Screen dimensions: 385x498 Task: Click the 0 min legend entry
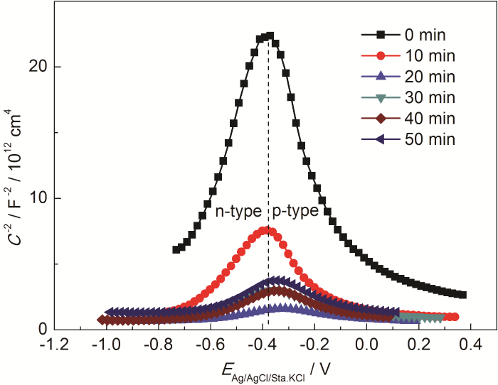point(406,33)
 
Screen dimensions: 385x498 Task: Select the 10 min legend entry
point(406,55)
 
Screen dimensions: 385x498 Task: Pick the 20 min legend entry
point(406,76)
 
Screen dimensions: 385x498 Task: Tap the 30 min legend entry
point(406,97)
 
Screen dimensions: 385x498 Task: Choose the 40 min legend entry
point(406,118)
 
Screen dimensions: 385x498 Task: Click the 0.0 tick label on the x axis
point(367,345)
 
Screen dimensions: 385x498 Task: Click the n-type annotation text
point(238,212)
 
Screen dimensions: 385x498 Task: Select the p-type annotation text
point(295,212)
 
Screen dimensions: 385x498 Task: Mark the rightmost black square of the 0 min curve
point(463,295)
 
